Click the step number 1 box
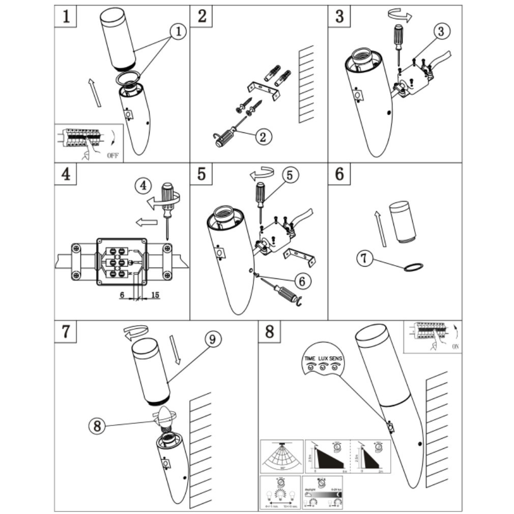point(66,16)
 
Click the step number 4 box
point(66,174)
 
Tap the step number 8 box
point(269,331)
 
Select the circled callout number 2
point(263,136)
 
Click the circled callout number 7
point(364,259)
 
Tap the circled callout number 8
point(97,425)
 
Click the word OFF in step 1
point(113,156)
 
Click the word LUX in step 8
point(323,358)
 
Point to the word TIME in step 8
point(309,358)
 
